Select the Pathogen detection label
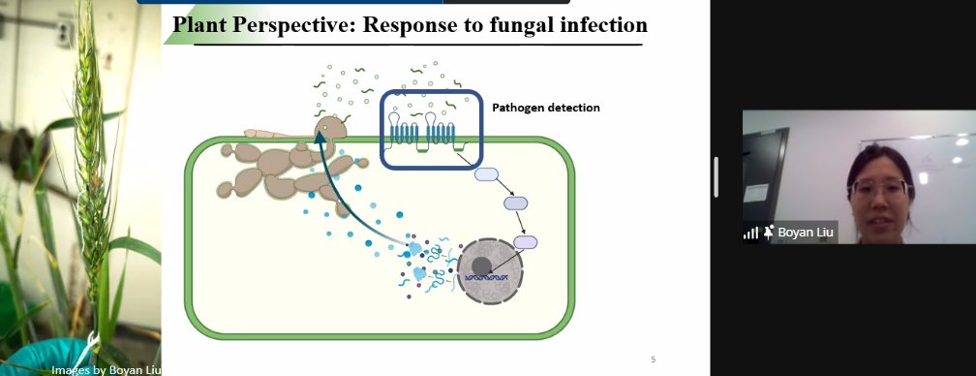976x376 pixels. pos(545,108)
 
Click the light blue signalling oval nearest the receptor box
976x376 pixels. pos(485,175)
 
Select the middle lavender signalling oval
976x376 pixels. pos(514,204)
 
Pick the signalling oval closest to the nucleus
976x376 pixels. pos(525,242)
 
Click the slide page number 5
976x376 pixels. pos(653,360)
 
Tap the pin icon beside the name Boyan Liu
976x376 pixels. pos(769,233)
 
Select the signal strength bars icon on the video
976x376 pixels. pos(750,233)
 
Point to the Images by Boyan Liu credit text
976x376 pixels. pos(107,368)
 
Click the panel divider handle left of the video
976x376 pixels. pos(717,177)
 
